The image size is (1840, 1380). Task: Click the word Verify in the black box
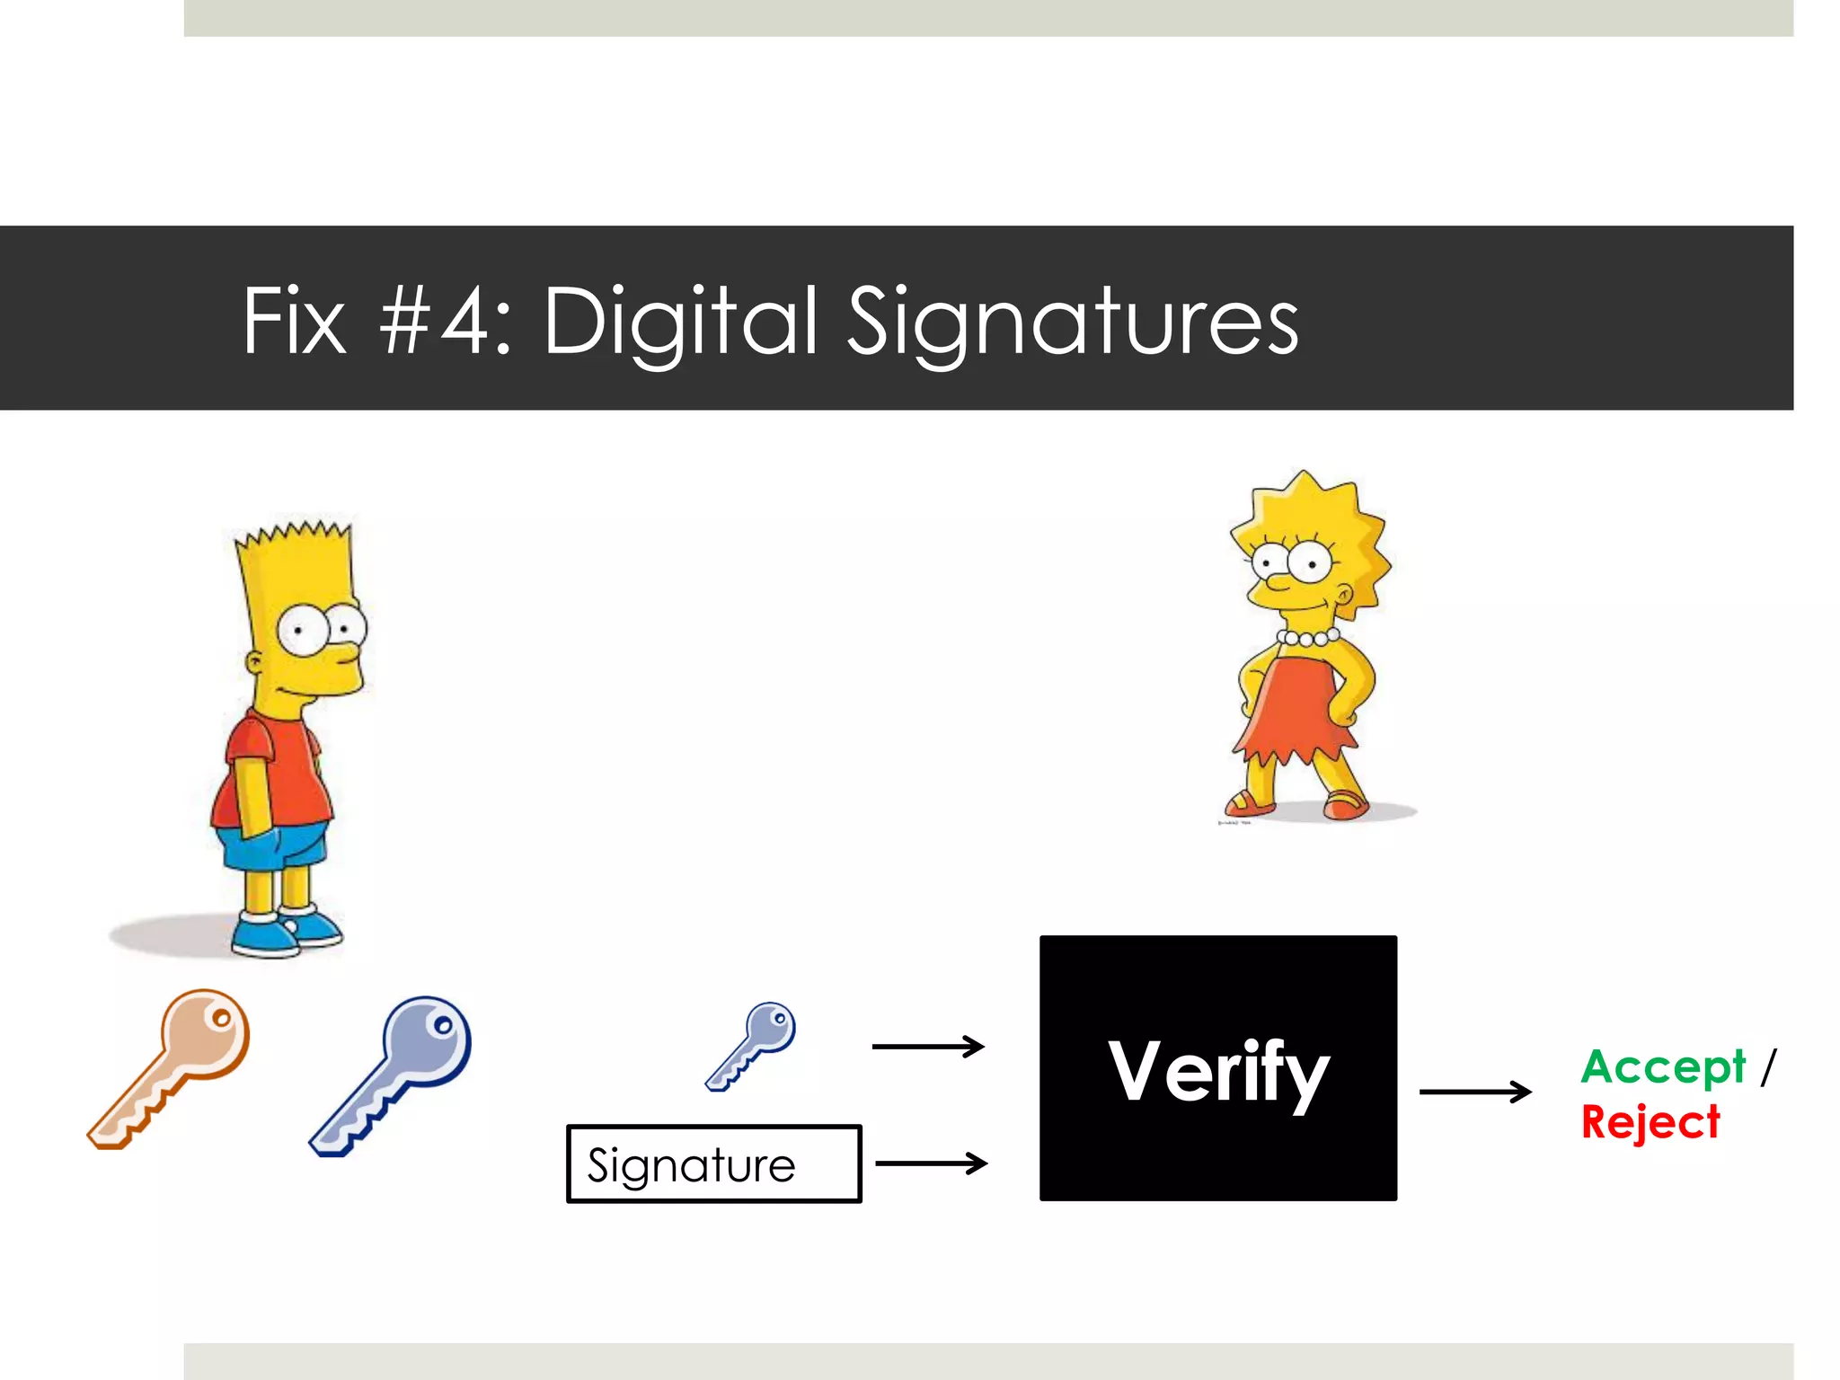[x=1217, y=1071]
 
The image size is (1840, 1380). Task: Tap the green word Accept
[x=1662, y=1067]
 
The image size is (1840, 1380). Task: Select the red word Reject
[x=1650, y=1122]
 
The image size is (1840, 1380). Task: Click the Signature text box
[x=713, y=1164]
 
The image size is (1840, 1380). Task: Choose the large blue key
[x=391, y=1075]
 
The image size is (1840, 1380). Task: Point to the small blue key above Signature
[x=751, y=1045]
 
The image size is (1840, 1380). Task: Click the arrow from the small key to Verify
[x=928, y=1046]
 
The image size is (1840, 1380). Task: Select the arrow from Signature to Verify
[x=931, y=1163]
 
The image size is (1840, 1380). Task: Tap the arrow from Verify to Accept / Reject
[x=1474, y=1092]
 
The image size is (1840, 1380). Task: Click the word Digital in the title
[x=680, y=321]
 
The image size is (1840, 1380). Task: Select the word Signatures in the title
[x=1073, y=321]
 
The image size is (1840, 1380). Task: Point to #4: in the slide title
[x=445, y=321]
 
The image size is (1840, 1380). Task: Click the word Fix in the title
[x=294, y=321]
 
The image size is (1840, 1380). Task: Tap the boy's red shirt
[x=270, y=773]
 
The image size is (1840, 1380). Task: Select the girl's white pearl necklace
[x=1308, y=639]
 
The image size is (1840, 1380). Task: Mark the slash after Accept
[x=1768, y=1067]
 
